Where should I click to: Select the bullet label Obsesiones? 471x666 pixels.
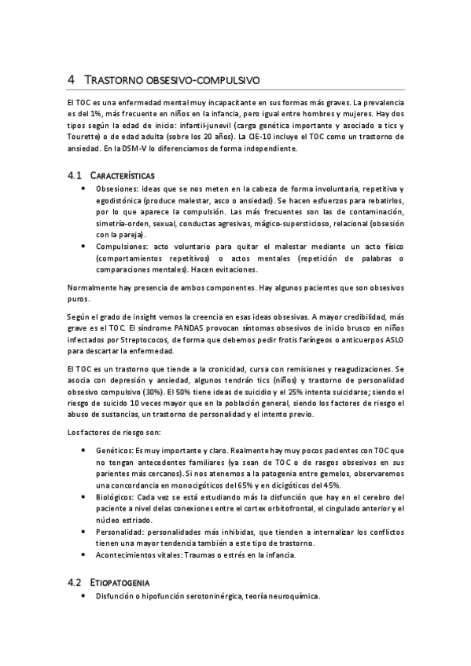click(117, 191)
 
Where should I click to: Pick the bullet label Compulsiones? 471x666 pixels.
click(122, 247)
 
